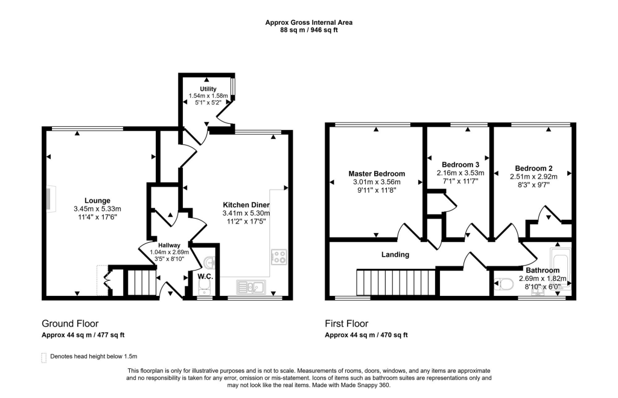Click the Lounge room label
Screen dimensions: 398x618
tap(97, 201)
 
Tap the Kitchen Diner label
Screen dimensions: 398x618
tap(246, 205)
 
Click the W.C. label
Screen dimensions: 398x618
tap(205, 277)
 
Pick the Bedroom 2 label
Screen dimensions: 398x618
tap(534, 169)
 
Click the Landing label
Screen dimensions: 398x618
tap(395, 254)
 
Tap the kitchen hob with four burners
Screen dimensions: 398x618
tap(279, 257)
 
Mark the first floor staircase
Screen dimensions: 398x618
tap(395, 282)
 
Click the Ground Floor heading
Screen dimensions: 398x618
tap(70, 324)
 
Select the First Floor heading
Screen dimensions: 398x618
tap(346, 324)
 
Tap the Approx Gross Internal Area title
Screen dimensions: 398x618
tap(309, 22)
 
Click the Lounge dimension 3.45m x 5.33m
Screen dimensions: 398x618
tap(97, 210)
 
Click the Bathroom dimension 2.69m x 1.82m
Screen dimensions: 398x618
tap(541, 278)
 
